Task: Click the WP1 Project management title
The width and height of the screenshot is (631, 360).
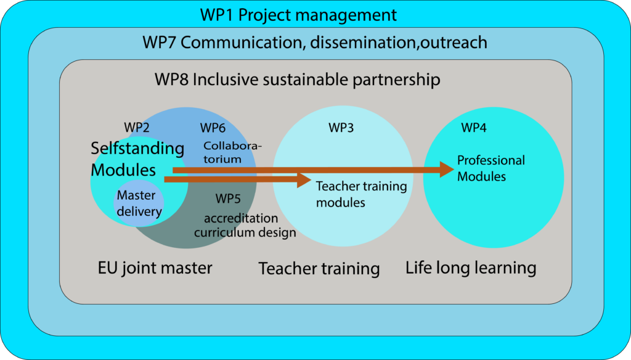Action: click(x=298, y=15)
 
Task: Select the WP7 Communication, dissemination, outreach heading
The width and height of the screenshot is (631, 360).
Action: click(x=315, y=43)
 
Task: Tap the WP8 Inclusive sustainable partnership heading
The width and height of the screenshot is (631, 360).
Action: click(x=298, y=80)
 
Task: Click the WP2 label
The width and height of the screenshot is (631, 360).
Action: click(x=137, y=128)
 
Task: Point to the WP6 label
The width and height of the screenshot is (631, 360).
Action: click(x=213, y=128)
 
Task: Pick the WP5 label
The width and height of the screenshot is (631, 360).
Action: click(x=228, y=198)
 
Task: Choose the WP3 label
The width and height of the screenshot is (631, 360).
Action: click(x=341, y=128)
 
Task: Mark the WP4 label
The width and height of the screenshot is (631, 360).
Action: click(x=474, y=128)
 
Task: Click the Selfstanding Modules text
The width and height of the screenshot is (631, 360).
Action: click(x=137, y=159)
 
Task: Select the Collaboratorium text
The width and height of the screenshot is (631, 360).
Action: click(x=232, y=152)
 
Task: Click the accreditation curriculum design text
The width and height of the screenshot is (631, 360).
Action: click(x=245, y=225)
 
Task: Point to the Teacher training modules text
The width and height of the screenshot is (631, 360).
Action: click(x=361, y=194)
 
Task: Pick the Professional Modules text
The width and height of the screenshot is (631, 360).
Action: click(x=491, y=168)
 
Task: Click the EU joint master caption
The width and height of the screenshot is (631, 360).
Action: click(x=155, y=268)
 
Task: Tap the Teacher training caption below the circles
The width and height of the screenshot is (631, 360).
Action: click(x=319, y=269)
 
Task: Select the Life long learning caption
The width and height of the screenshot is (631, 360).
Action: click(x=471, y=268)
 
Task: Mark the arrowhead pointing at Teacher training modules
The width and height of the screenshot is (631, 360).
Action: click(x=304, y=179)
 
